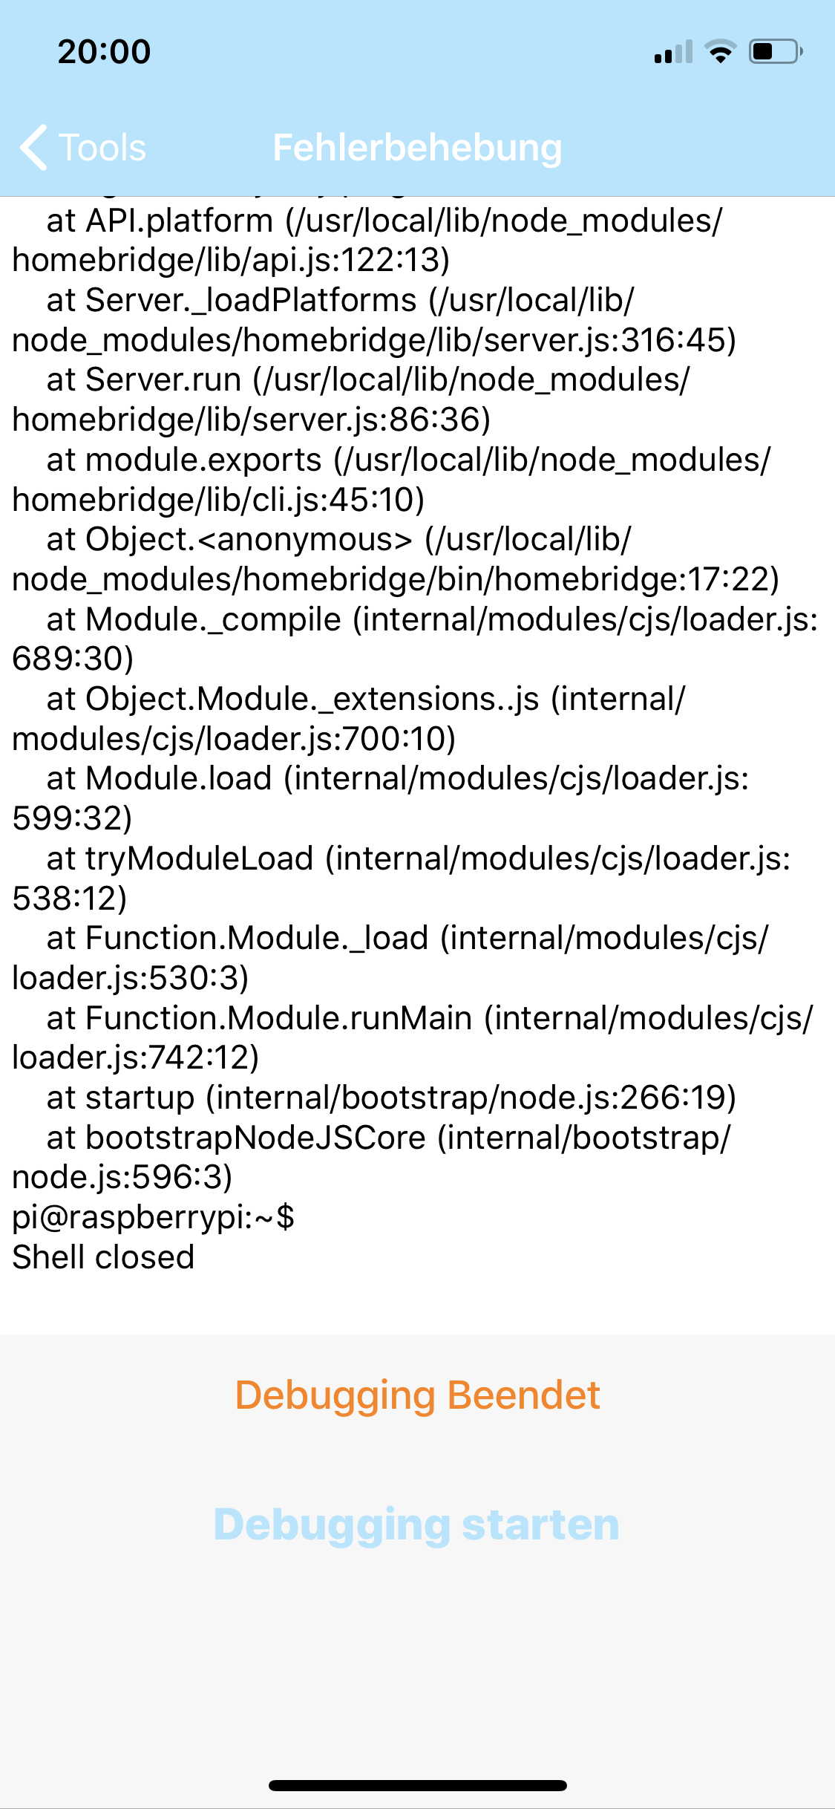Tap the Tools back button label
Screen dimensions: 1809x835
(102, 147)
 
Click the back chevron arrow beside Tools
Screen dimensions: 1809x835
(34, 147)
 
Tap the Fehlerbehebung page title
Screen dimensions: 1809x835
(417, 147)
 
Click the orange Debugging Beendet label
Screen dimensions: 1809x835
(417, 1395)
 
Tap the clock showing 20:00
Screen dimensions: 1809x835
(104, 52)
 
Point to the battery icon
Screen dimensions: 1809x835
(775, 52)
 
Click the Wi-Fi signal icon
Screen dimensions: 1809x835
(720, 52)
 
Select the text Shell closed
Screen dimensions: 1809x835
(103, 1257)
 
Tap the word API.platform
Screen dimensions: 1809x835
(180, 221)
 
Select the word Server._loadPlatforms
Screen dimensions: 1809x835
(251, 300)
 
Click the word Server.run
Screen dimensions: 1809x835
(163, 379)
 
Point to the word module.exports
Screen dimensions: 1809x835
(203, 460)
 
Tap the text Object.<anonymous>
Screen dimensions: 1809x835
(249, 539)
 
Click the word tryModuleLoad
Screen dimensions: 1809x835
(199, 858)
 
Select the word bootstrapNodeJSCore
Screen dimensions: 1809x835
(255, 1138)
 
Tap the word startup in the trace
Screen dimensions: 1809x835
(140, 1098)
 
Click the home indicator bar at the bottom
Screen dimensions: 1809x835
(417, 1785)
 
